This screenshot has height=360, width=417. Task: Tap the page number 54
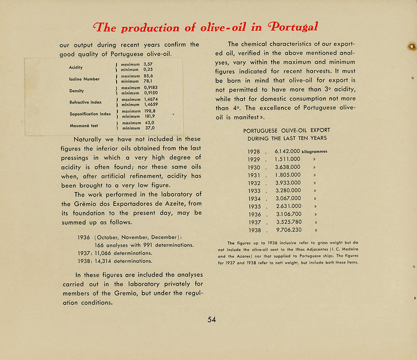pyautogui.click(x=211, y=319)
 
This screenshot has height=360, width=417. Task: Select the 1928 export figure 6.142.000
pyautogui.click(x=287, y=151)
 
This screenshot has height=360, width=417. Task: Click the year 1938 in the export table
pyautogui.click(x=254, y=230)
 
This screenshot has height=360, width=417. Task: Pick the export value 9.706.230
pyautogui.click(x=288, y=230)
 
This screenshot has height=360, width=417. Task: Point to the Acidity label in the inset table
pyautogui.click(x=76, y=68)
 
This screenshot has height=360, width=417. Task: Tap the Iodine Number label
pyautogui.click(x=84, y=79)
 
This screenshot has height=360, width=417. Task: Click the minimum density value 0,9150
pyautogui.click(x=151, y=93)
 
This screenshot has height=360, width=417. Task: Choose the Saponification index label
pyautogui.click(x=90, y=114)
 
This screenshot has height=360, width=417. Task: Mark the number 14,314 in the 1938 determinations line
pyautogui.click(x=103, y=261)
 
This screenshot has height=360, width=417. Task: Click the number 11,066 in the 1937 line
pyautogui.click(x=103, y=253)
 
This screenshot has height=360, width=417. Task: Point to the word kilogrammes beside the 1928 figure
pyautogui.click(x=314, y=152)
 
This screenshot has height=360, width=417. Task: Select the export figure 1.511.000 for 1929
pyautogui.click(x=287, y=159)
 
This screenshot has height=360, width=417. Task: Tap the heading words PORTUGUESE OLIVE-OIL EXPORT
pyautogui.click(x=286, y=130)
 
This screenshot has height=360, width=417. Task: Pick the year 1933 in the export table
pyautogui.click(x=254, y=191)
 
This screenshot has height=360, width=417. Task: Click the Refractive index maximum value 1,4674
pyautogui.click(x=151, y=99)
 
